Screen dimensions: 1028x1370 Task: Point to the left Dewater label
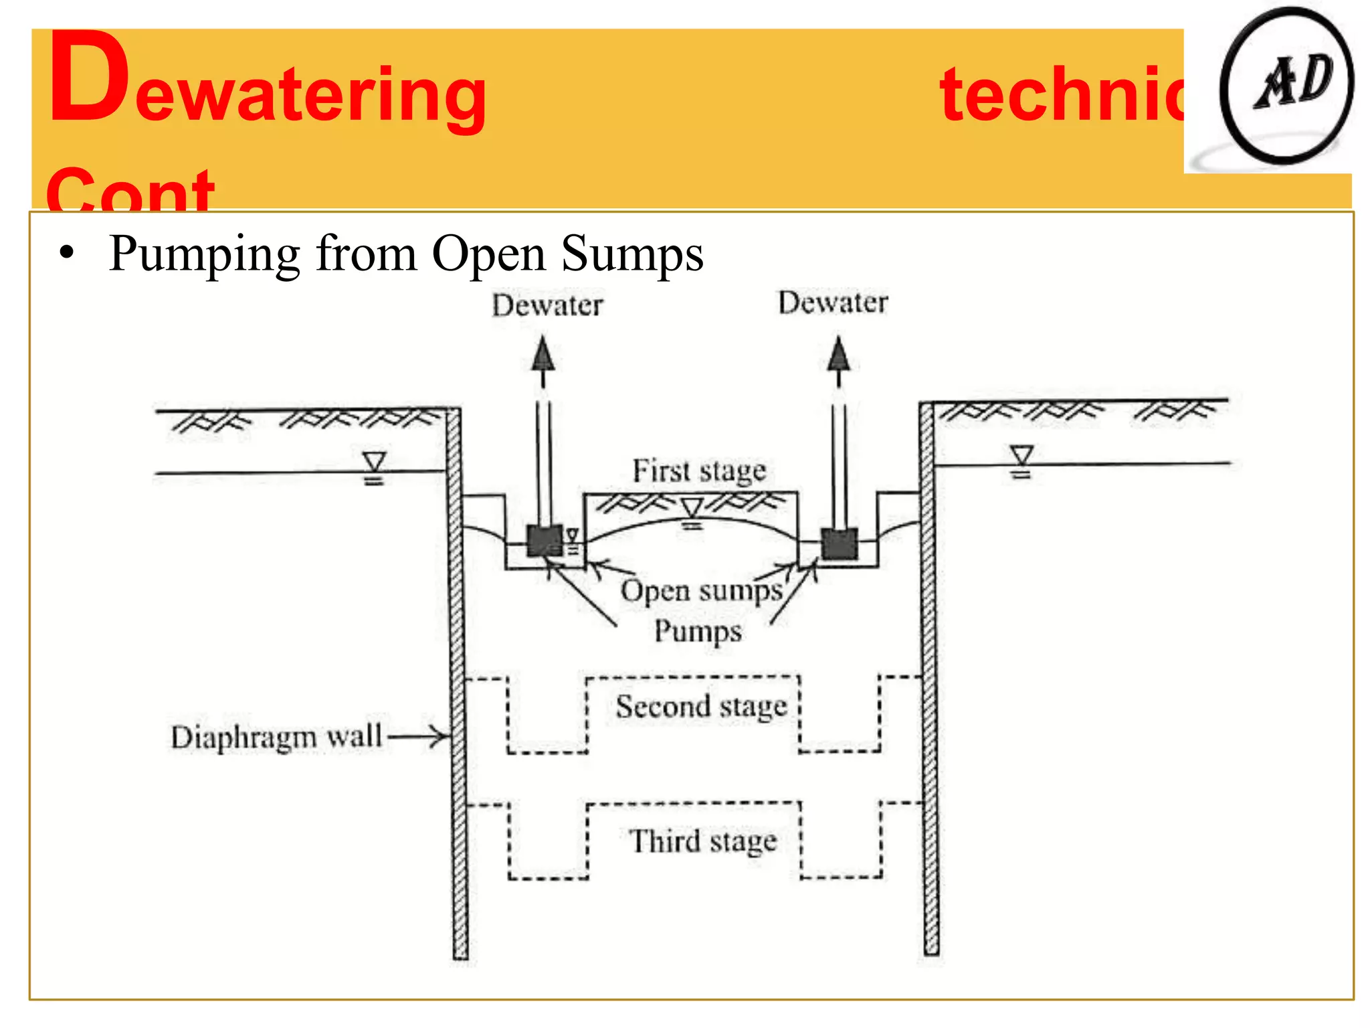coord(547,306)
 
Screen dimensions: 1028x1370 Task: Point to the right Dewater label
coord(833,303)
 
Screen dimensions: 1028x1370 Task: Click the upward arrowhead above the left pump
coord(543,355)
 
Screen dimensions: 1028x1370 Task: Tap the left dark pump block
coord(545,540)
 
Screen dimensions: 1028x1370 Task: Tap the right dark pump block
coord(839,543)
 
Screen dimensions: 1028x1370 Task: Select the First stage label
coord(699,471)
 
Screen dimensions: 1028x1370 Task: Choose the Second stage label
coord(701,707)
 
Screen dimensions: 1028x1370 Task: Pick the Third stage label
coord(703,841)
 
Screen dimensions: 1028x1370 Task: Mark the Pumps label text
coord(698,632)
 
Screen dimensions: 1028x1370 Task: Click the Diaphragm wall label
coord(276,738)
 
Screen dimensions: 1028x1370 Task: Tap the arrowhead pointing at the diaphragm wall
coord(441,737)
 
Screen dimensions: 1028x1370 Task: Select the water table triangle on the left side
coord(374,462)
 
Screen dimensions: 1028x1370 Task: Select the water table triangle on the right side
coord(1021,455)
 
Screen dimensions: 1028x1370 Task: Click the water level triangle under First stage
coord(692,508)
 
